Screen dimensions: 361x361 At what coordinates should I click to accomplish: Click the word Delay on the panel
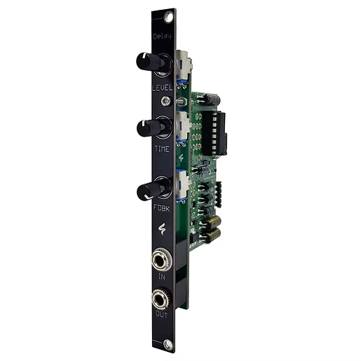point(163,36)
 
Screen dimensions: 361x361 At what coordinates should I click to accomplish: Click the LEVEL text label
point(163,88)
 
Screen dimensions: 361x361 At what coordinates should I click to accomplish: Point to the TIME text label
point(162,149)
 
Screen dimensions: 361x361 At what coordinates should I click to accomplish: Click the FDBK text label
point(162,207)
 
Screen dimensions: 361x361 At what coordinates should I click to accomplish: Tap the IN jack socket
point(161,260)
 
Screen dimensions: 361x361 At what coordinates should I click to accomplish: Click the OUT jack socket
point(161,299)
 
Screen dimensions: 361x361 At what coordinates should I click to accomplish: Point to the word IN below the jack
point(162,277)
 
